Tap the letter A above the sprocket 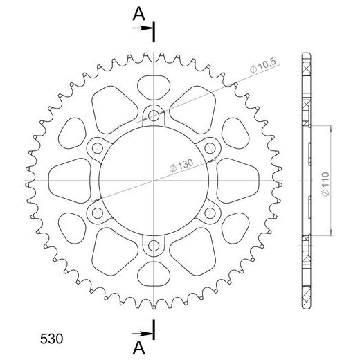point(139,12)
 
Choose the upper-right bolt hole point(210,147)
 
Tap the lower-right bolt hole point(210,212)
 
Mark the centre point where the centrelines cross point(154,179)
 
